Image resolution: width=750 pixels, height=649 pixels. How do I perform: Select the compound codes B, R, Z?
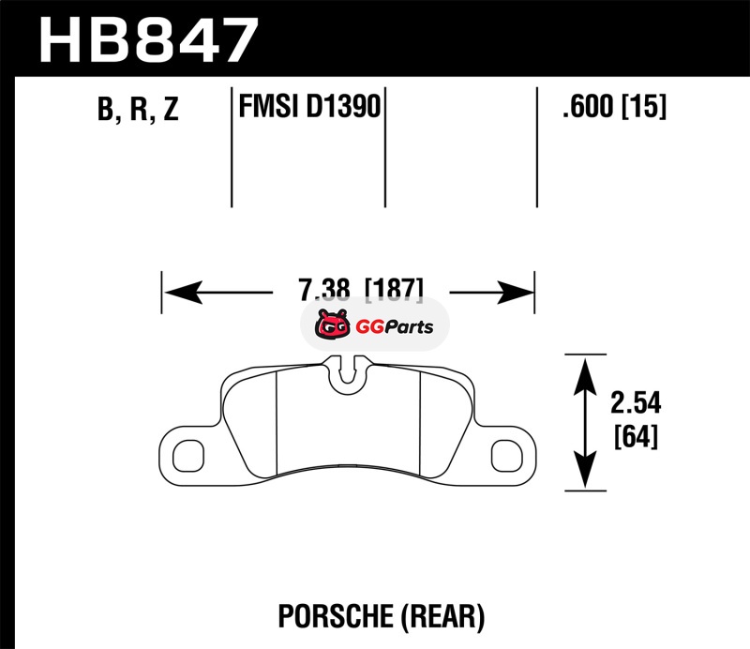coord(137,111)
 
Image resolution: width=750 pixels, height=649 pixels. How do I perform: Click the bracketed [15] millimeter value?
coord(645,108)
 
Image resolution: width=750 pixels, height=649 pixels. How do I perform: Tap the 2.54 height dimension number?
coord(635,404)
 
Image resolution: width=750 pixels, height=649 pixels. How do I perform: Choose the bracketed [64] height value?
coord(635,437)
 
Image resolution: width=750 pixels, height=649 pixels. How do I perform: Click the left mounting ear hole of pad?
coord(188,455)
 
